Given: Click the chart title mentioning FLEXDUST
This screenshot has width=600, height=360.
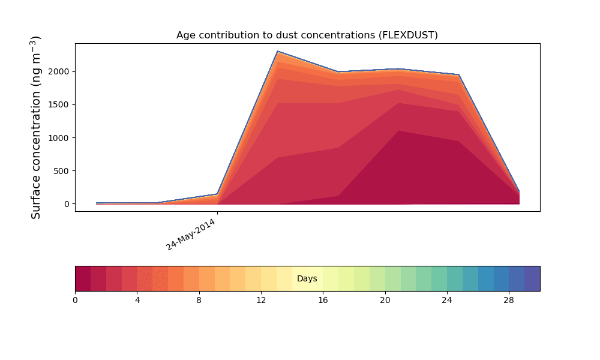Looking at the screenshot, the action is click(307, 35).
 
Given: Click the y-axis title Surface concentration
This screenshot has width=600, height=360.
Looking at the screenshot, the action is click(35, 127).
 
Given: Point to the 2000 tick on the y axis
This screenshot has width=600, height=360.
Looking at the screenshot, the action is click(59, 71).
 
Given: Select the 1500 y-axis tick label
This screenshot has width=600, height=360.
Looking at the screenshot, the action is click(59, 105).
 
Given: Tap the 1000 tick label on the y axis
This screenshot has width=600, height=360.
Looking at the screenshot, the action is click(59, 138).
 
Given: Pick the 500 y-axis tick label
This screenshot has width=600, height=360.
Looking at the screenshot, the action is click(61, 171).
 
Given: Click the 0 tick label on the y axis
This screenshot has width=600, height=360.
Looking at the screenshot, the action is click(67, 204).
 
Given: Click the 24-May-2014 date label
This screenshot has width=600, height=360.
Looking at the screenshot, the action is click(191, 235).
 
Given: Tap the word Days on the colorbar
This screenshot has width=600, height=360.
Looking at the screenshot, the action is click(307, 278).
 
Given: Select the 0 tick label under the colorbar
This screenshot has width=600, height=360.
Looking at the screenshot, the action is click(75, 301).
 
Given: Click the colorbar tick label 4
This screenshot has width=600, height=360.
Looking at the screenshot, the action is click(137, 301).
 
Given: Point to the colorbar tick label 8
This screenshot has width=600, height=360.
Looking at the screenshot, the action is click(199, 301).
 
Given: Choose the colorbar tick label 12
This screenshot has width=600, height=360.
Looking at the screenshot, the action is click(261, 301).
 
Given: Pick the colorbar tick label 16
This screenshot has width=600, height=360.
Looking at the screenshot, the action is click(323, 301).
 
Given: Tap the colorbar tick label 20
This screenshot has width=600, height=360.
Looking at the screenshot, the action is click(385, 301).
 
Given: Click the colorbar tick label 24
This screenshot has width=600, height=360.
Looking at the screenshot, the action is click(446, 301).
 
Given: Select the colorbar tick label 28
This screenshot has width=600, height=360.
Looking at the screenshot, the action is click(509, 301).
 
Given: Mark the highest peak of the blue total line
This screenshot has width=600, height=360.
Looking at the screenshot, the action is click(277, 51).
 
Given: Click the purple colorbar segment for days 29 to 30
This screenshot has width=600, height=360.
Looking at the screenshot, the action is click(532, 278).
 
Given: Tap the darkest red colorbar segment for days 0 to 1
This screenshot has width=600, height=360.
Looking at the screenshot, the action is click(83, 278).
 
